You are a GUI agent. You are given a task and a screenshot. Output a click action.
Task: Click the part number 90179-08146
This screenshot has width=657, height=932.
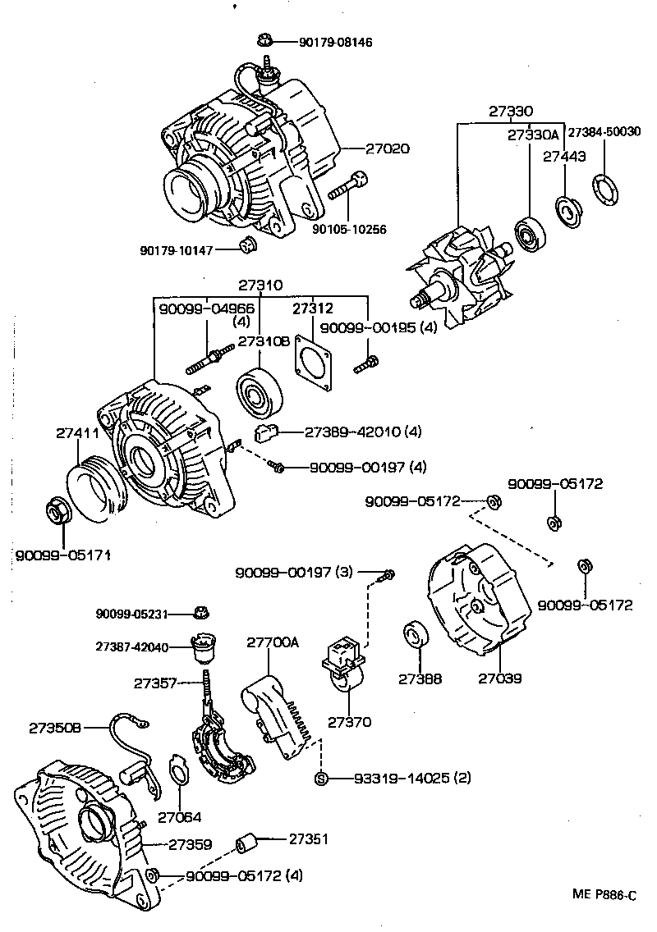[x=325, y=41]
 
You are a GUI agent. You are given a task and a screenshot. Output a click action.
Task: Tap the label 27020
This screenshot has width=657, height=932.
[x=388, y=148]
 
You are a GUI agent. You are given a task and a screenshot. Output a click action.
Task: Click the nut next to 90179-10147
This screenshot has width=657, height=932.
[x=245, y=244]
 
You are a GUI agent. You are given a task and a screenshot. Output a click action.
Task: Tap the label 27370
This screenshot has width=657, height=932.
[x=350, y=722]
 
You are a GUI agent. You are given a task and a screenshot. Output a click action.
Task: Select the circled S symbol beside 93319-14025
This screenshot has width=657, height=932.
[x=321, y=778]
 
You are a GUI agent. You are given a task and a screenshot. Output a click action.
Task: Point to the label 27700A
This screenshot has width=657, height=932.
[x=273, y=643]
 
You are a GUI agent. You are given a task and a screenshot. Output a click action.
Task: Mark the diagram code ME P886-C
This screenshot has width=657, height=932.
[x=605, y=895]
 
